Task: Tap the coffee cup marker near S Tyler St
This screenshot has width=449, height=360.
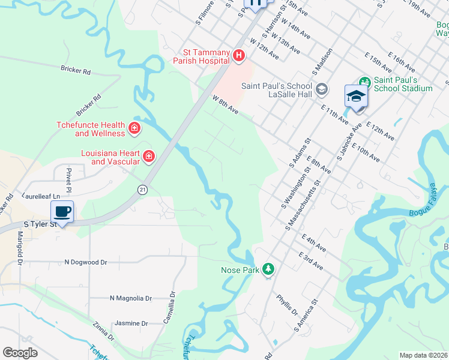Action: point(62,212)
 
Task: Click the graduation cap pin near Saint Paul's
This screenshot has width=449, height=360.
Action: point(356,97)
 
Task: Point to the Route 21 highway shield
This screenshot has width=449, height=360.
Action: point(142,189)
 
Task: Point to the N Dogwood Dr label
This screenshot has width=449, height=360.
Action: point(85,262)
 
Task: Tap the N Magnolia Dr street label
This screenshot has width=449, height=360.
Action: point(131,298)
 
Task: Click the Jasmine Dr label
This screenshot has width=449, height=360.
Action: point(131,323)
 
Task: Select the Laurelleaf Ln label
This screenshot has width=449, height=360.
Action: point(41,196)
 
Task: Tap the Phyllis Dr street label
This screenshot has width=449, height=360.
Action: point(287,304)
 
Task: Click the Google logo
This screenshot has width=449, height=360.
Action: point(20,353)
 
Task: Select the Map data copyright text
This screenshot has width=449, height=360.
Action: point(423,355)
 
